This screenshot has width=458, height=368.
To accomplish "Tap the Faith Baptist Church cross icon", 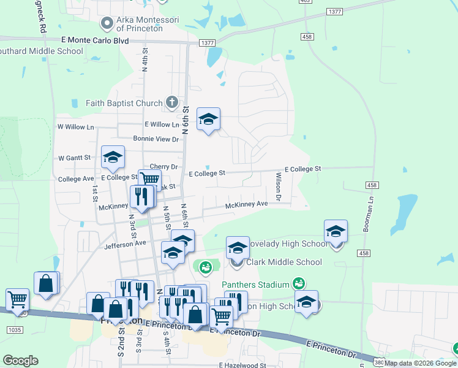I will pos(172,103).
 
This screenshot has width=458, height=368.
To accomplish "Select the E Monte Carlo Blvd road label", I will pos(95,40).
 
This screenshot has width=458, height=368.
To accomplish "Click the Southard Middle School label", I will pos(40,51).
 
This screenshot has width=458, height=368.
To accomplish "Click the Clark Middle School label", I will pos(283,263).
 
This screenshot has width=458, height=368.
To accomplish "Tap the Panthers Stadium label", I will pos(255,285).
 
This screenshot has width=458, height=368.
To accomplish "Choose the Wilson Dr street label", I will pos(278,187).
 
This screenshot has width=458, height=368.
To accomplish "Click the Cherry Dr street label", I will pos(163,167).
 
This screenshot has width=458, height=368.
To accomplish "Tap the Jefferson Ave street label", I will pos(125,243).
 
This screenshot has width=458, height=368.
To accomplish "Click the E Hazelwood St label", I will pos(243,365).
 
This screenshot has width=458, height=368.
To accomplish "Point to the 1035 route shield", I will pos(12,330).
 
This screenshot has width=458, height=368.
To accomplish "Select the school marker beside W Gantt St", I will pos(113,158).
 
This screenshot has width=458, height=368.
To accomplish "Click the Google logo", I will pos(20,361).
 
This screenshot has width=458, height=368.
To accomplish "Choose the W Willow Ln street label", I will pos(76,127).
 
